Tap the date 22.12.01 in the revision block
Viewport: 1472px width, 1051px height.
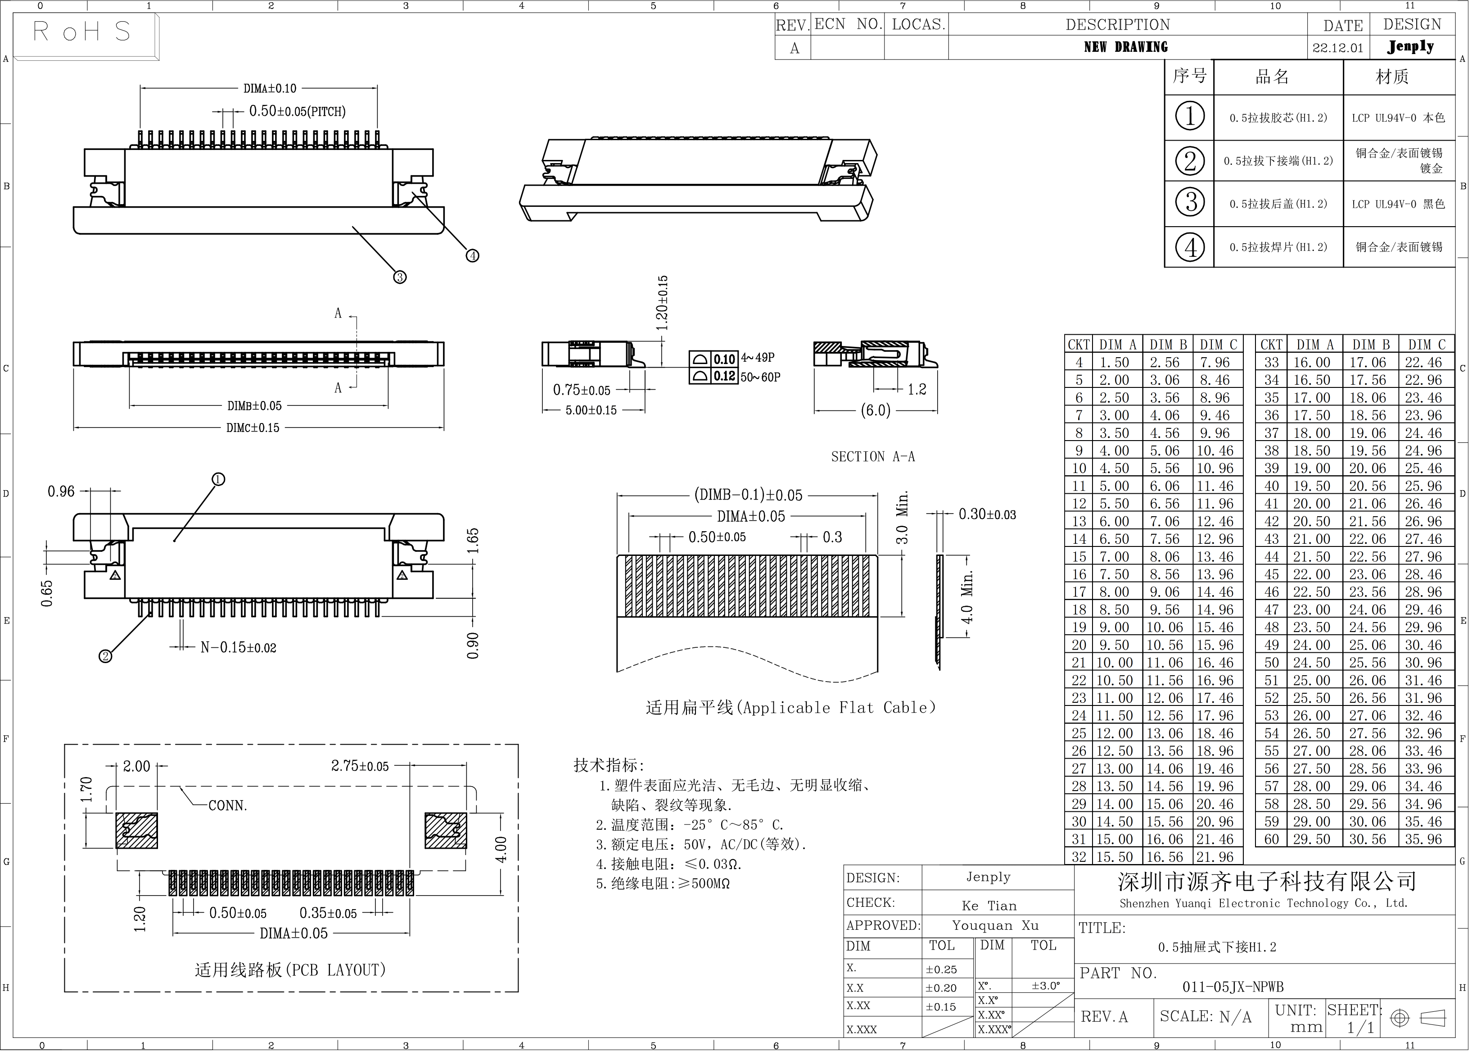point(1337,48)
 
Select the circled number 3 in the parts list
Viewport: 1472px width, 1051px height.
point(1190,203)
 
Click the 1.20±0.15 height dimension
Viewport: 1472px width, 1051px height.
point(662,303)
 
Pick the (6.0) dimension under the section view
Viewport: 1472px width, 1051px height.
point(875,410)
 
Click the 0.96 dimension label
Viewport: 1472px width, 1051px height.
point(61,492)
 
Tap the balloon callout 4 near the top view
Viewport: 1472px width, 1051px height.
point(473,255)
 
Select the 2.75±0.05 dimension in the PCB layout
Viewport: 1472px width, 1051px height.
point(360,766)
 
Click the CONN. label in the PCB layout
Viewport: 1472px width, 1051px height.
point(228,806)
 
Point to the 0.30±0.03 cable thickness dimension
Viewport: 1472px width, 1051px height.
point(987,514)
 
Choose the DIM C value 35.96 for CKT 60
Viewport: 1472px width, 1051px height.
point(1423,839)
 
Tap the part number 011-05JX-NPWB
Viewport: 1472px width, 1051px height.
point(1233,987)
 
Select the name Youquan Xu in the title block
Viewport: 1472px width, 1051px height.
point(995,925)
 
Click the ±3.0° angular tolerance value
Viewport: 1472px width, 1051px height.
point(1046,986)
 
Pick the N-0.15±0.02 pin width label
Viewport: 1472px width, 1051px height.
point(238,647)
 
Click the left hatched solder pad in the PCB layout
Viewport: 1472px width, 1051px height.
point(136,830)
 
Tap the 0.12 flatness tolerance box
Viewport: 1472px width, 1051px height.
point(724,377)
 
